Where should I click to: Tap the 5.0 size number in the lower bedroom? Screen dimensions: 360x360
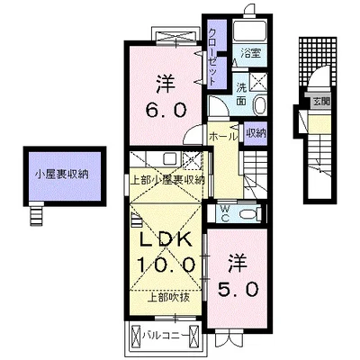click(238, 290)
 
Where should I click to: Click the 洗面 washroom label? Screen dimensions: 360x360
click(242, 94)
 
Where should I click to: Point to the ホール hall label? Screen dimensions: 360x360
click(222, 136)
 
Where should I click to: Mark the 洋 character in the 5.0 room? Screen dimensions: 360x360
click(238, 263)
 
